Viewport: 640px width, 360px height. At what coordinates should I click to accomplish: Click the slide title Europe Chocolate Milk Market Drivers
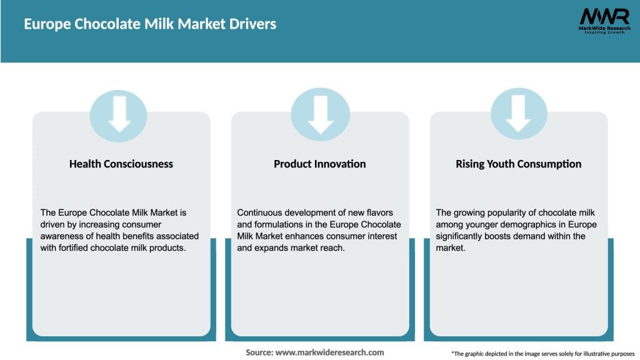pyautogui.click(x=150, y=24)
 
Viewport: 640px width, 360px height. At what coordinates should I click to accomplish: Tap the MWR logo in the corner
pyautogui.click(x=604, y=16)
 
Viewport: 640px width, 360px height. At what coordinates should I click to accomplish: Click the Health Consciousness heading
pyautogui.click(x=121, y=164)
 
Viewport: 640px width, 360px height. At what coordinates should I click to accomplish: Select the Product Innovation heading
pyautogui.click(x=319, y=164)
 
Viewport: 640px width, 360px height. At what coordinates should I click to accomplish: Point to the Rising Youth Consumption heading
pyautogui.click(x=518, y=164)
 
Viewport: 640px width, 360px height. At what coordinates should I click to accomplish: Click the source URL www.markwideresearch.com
pyautogui.click(x=329, y=352)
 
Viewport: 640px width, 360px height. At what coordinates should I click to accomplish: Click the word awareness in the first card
pyautogui.click(x=62, y=236)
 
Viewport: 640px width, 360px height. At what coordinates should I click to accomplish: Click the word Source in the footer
pyautogui.click(x=259, y=352)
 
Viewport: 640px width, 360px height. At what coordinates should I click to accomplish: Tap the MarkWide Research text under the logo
pyautogui.click(x=604, y=28)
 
